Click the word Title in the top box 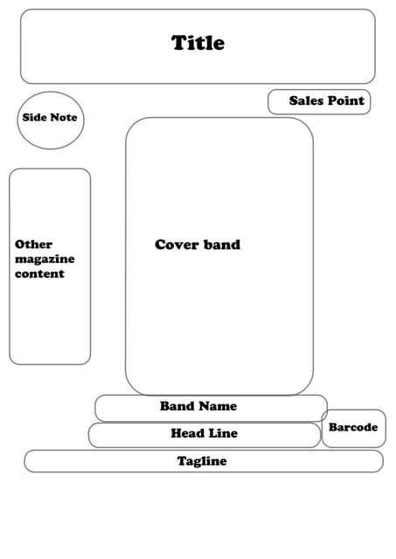(198, 43)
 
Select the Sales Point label (326, 101)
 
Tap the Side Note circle (51, 120)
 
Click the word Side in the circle (34, 117)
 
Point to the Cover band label (198, 245)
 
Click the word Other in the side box (34, 245)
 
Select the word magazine (45, 259)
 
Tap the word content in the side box (39, 273)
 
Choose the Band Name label (198, 406)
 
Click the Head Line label (204, 433)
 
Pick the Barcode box (353, 428)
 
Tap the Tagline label (202, 461)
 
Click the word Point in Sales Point (346, 101)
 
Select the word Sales (306, 101)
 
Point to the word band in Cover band (222, 245)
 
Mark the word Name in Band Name (218, 406)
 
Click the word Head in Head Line (186, 433)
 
